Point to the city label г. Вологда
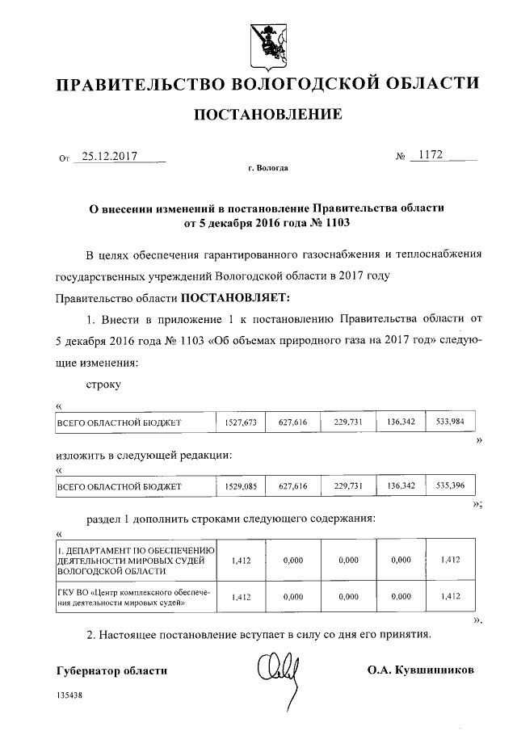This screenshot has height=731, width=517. [267, 169]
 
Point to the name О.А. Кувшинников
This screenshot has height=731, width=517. [420, 670]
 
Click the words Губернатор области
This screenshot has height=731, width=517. [112, 670]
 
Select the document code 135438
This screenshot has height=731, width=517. [69, 695]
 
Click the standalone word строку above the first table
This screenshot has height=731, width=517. [103, 384]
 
